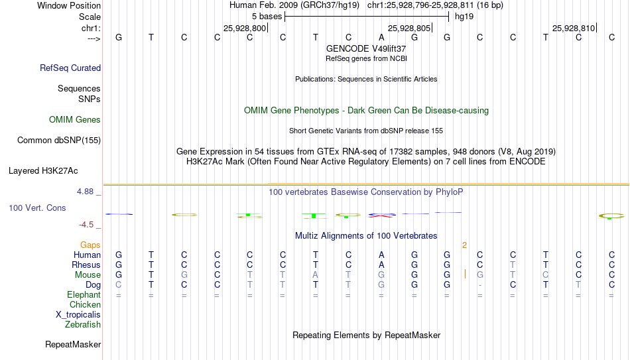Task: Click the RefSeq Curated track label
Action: [x=70, y=68]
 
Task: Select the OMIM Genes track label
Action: [x=75, y=120]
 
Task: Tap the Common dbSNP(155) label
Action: [x=59, y=141]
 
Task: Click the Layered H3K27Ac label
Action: [x=43, y=171]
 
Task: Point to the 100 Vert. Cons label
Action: [x=37, y=208]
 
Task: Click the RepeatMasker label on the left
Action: [x=73, y=344]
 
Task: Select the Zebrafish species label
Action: [x=83, y=324]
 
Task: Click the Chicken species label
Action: [x=85, y=304]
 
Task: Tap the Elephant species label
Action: [x=84, y=294]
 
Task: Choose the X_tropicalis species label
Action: [x=78, y=315]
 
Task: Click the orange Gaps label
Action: [x=90, y=245]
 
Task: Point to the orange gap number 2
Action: [x=464, y=245]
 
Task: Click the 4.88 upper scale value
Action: [x=85, y=192]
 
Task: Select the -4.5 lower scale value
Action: [x=86, y=225]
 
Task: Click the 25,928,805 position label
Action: [x=409, y=28]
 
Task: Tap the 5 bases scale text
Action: [x=267, y=17]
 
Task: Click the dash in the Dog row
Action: [x=479, y=286]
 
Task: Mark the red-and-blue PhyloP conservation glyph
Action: [x=382, y=215]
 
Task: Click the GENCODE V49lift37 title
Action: [x=366, y=48]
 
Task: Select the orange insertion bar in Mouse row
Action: [x=466, y=274]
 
